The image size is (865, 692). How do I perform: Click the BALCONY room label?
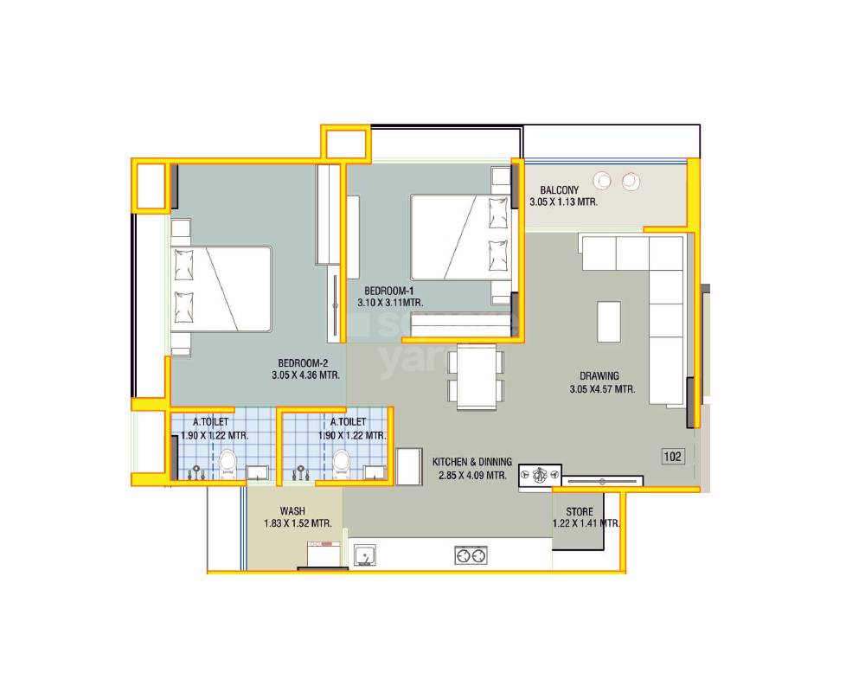coord(559,190)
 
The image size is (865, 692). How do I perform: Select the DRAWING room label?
coord(599,376)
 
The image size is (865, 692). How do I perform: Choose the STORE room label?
coord(580,512)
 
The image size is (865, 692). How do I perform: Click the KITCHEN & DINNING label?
coord(472,462)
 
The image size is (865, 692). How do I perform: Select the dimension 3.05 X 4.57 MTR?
coord(603,389)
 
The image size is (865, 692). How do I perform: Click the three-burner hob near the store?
coord(541,475)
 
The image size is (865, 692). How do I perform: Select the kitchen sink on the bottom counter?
coord(364,554)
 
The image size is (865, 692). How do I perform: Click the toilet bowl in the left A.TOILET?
coord(228,463)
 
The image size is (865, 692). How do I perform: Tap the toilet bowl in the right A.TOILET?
coord(342,463)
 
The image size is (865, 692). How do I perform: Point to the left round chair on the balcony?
coord(602,181)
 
